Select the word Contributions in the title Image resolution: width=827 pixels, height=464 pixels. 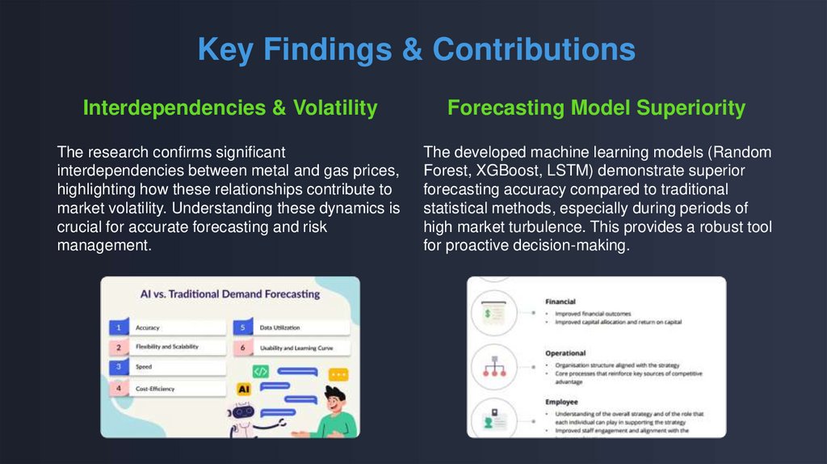coord(534,49)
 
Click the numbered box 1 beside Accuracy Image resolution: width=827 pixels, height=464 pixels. coord(118,327)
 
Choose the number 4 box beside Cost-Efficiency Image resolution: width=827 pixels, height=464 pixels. coord(118,389)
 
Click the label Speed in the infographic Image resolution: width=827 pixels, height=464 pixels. coord(144,367)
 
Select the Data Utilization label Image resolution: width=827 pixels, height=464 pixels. coord(279,327)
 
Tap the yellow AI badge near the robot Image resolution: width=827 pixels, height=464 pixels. coord(243,389)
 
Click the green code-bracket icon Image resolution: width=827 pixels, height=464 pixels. coord(260,371)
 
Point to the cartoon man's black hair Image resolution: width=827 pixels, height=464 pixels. coord(334,394)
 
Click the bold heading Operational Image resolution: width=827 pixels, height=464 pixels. coord(566,353)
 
